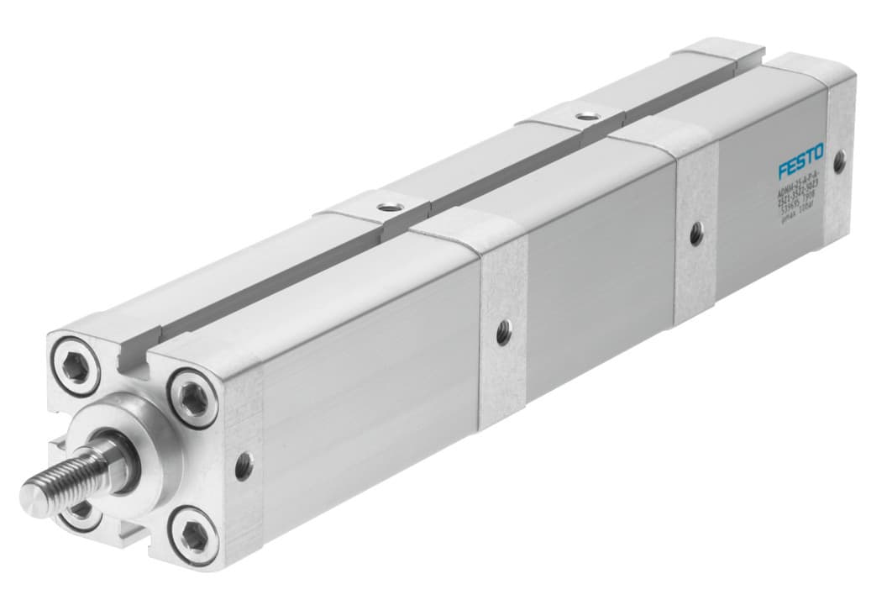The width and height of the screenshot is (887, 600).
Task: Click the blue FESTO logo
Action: click(800, 161)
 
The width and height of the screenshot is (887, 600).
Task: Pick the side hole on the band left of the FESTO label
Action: click(695, 234)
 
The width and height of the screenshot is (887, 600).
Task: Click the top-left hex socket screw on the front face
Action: click(80, 367)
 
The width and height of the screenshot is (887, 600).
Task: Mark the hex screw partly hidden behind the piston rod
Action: click(81, 508)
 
